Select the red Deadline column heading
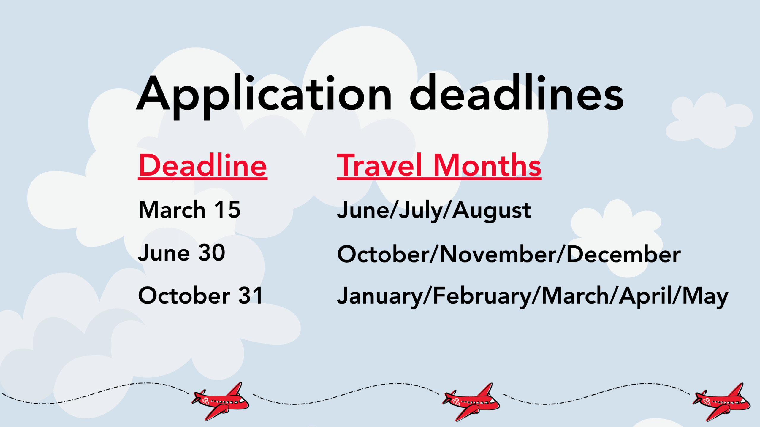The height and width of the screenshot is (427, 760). click(203, 165)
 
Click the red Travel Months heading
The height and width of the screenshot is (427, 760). click(439, 165)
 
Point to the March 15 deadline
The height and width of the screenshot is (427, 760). click(189, 209)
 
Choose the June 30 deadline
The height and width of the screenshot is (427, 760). click(182, 253)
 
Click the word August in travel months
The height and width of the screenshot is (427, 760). click(492, 211)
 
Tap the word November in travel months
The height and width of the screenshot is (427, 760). click(498, 254)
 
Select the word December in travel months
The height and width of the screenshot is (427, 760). click(624, 254)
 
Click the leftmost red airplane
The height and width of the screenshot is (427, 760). click(220, 401)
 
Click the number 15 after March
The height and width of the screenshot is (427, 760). click(227, 209)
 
